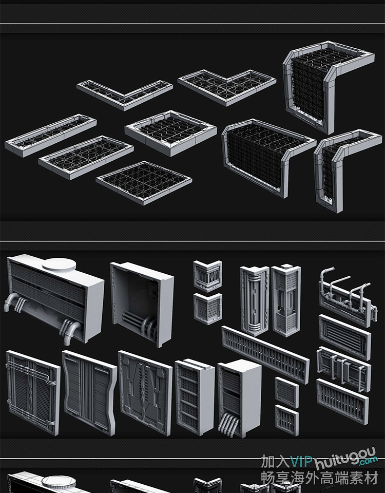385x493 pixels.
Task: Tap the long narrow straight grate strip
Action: [51, 135]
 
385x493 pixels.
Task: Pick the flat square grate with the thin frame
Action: [144, 182]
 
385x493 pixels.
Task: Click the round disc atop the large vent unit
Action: [59, 264]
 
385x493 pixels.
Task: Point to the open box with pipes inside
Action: [142, 304]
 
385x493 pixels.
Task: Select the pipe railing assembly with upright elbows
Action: [345, 296]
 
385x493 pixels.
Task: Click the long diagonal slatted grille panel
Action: [265, 354]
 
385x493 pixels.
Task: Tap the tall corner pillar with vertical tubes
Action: [254, 300]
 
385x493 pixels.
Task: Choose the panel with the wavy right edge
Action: [89, 393]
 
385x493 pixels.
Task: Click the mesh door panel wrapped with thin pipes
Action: [33, 393]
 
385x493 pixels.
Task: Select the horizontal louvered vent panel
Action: [345, 337]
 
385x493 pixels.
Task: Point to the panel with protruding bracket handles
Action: [344, 369]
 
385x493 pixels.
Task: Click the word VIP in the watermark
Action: [301, 462]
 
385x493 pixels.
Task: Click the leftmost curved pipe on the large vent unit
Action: [10, 302]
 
